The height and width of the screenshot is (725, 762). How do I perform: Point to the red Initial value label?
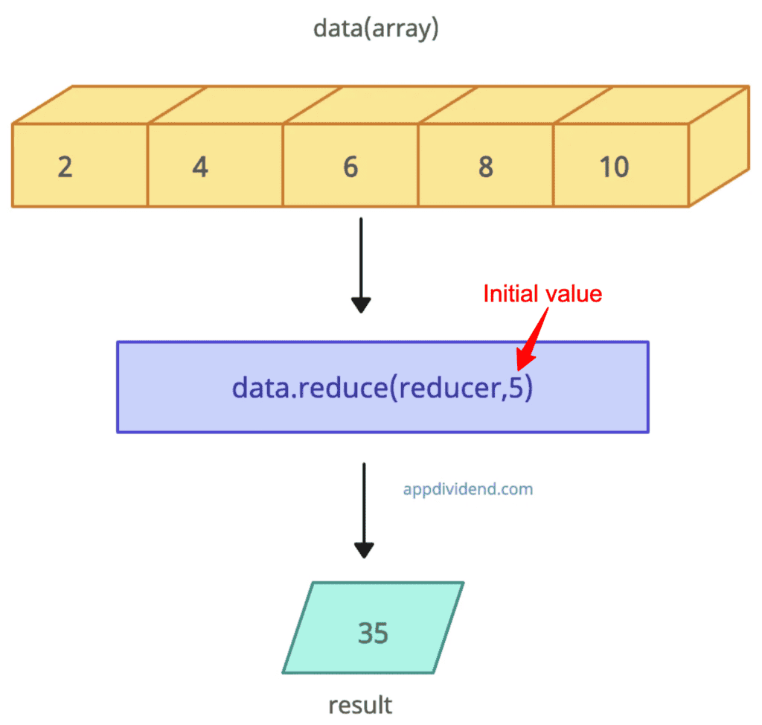(x=542, y=293)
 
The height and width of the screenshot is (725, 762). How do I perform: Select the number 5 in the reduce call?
(x=516, y=388)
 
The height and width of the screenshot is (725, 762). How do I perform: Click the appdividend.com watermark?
(x=468, y=490)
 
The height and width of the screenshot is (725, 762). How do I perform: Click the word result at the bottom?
(x=360, y=704)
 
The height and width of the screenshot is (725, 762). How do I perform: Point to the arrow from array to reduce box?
(x=361, y=264)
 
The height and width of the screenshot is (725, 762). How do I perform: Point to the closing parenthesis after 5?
(x=529, y=389)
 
